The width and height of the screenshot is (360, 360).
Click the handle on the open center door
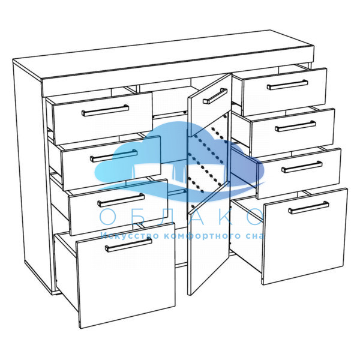pyautogui.click(x=215, y=96)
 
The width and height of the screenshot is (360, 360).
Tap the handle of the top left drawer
pyautogui.click(x=106, y=110)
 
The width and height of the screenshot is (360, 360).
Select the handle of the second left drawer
pyautogui.click(x=114, y=155)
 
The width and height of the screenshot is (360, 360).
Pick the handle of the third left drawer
pyautogui.click(x=121, y=200)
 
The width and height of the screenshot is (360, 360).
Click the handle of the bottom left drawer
pyautogui.click(x=128, y=244)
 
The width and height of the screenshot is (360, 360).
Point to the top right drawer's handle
pyautogui.click(x=287, y=85)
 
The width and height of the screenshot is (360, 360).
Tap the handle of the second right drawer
pyautogui.click(x=295, y=126)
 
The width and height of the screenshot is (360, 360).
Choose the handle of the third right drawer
pyautogui.click(x=302, y=166)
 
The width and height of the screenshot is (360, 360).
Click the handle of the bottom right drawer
pyautogui.click(x=308, y=208)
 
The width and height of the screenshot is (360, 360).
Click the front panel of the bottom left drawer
pyautogui.click(x=126, y=275)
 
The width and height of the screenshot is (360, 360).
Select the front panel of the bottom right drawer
pyautogui.click(x=305, y=236)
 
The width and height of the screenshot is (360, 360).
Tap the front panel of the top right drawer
pyautogui.click(x=284, y=91)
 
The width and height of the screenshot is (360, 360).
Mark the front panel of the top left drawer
pyautogui.click(x=103, y=118)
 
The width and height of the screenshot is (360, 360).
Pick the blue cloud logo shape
pyautogui.click(x=179, y=161)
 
